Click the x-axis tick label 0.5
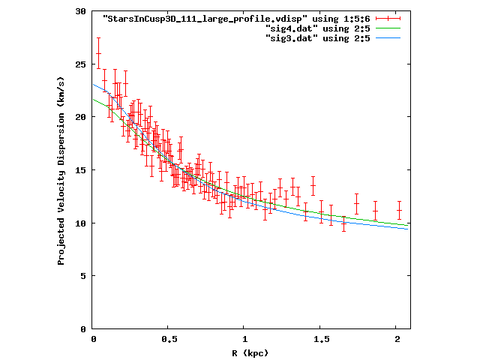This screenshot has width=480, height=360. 169,340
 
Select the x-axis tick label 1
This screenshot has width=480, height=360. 244,340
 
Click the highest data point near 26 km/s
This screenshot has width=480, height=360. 98,53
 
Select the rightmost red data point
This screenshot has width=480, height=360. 400,211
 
